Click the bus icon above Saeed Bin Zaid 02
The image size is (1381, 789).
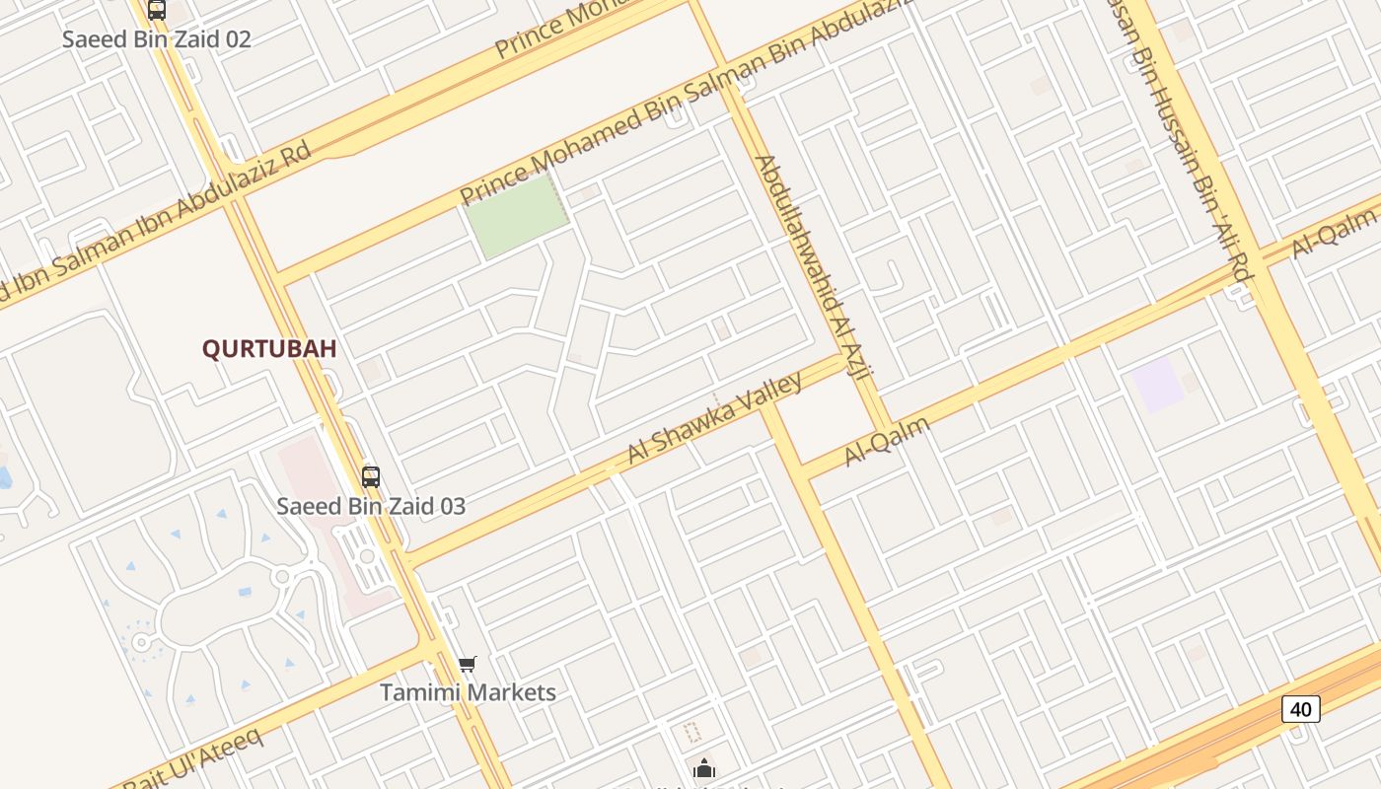coord(157,11)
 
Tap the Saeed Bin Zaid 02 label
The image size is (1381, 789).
coord(157,39)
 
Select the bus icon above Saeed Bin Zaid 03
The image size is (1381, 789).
coord(371,477)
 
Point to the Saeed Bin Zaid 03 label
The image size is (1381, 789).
coord(371,507)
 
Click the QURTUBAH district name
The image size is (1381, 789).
coord(269,349)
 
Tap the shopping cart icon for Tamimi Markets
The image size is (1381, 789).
coord(468,665)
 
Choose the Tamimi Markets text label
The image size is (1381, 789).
coord(469,692)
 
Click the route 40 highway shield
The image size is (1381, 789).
coord(1301,708)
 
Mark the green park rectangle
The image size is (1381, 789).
coord(517,216)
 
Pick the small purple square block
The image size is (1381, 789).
coord(1156,385)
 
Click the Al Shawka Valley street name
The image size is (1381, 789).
coord(714,418)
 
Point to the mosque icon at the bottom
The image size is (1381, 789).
coord(704,768)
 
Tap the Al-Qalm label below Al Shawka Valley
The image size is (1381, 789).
coord(887,441)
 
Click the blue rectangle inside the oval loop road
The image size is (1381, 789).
coord(245,592)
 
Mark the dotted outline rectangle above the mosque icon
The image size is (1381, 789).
coord(692,732)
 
